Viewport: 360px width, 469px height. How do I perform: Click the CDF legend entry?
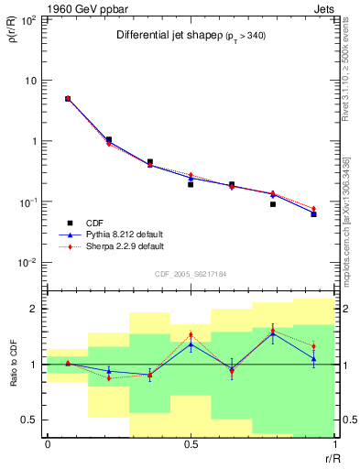click(92, 222)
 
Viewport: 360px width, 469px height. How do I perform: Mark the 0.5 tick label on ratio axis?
click(30, 420)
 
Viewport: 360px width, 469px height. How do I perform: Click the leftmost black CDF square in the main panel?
click(67, 99)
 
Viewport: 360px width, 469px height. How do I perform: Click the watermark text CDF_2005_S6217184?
click(191, 272)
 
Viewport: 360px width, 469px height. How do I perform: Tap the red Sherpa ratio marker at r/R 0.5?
click(191, 335)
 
